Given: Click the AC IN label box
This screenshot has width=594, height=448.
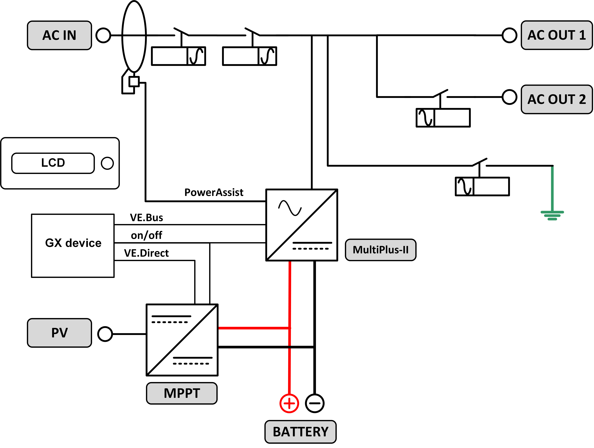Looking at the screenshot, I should (59, 35).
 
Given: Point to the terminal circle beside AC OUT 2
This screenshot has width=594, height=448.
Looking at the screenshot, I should (509, 97).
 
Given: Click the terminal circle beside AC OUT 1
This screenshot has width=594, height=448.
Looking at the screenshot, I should (509, 35).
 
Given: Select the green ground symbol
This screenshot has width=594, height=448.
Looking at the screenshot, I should (552, 215).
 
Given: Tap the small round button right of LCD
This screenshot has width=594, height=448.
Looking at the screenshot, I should (107, 163).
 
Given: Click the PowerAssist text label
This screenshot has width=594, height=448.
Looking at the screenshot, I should (214, 192).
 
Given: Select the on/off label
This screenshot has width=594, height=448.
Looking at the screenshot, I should (146, 235).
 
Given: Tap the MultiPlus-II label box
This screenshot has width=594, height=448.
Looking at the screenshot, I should (381, 250).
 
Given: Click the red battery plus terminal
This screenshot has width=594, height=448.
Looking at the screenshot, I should (289, 403).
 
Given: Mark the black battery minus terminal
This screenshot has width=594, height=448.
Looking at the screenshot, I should (315, 403).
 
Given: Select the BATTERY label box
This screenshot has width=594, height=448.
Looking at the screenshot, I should (300, 432).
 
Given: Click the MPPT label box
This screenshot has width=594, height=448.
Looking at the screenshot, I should (182, 393).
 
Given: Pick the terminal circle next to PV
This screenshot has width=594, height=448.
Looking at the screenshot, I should (105, 334).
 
